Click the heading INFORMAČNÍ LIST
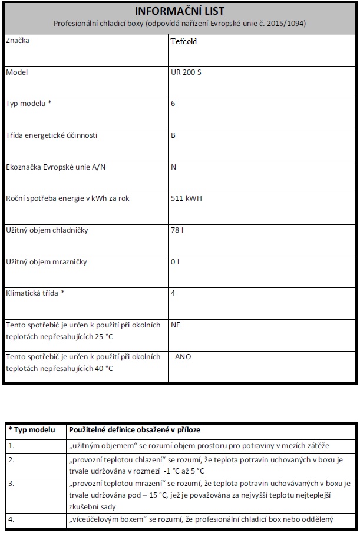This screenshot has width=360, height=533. tap(180, 11)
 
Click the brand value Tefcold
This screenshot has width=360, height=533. tap(184, 42)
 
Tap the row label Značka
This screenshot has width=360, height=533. tap(17, 41)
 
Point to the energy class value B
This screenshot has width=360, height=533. tap(173, 135)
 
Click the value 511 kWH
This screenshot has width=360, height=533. tap(186, 198)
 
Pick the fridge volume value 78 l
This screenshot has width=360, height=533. tap(177, 230)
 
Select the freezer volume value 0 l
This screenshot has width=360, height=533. tap(175, 262)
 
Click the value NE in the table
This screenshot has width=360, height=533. tap(175, 325)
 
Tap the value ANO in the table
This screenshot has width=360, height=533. tap(183, 357)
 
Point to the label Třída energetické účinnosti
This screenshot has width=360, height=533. tap(51, 135)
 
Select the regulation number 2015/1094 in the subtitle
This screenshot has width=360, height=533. tap(287, 24)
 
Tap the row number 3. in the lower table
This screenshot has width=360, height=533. tap(11, 482)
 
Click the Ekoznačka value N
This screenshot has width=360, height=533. tap(174, 167)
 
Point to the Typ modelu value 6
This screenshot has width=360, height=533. tap(173, 104)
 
